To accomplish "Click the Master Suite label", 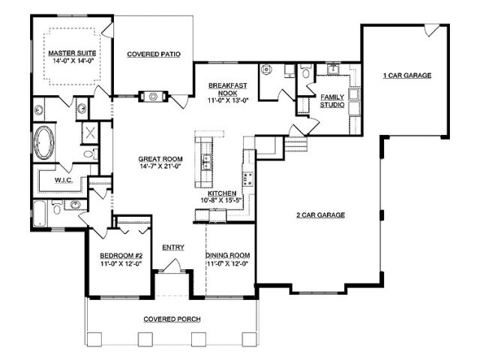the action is point(72,53).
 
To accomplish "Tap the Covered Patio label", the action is point(154,54).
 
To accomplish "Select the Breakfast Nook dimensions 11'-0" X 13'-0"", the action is point(228,100).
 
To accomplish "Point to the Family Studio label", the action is point(332,100).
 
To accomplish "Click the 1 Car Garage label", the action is point(407,75).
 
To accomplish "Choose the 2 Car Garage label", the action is point(320,215).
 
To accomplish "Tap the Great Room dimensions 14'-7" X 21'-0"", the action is point(160,166).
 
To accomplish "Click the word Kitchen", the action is point(222,193).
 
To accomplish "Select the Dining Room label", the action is point(228,255).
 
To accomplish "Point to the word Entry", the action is point(173,247).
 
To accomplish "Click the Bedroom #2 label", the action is point(121,256).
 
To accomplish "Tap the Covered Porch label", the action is point(172,319).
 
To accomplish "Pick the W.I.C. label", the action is point(64,180).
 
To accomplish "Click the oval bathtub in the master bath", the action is point(44,143).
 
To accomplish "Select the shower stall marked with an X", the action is point(90,133).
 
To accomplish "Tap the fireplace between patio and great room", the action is point(153,97).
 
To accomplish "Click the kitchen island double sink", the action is point(207,162).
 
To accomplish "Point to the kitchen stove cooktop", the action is point(247,178).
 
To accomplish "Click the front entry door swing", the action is point(172,265).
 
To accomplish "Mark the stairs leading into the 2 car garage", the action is point(295,144).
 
